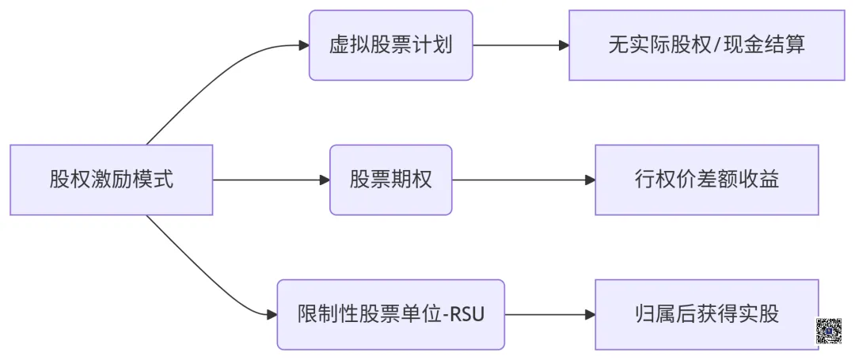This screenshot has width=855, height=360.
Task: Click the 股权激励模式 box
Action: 112,180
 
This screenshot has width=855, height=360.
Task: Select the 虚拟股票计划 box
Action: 390,45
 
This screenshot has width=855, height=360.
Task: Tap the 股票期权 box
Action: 390,180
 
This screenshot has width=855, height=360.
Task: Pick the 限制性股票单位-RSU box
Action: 390,314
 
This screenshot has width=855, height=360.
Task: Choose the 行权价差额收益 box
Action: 706,180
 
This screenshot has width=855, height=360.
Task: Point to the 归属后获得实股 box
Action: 706,314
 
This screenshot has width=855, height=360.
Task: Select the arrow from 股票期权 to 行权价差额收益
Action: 522,180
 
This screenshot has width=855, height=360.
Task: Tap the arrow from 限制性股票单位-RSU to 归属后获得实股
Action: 549,314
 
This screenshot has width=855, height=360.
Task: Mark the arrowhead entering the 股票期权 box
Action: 324,180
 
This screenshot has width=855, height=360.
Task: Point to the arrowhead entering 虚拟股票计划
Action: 303,45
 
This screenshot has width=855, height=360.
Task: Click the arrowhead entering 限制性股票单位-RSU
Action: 272,314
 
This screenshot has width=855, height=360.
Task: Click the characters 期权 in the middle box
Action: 412,180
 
